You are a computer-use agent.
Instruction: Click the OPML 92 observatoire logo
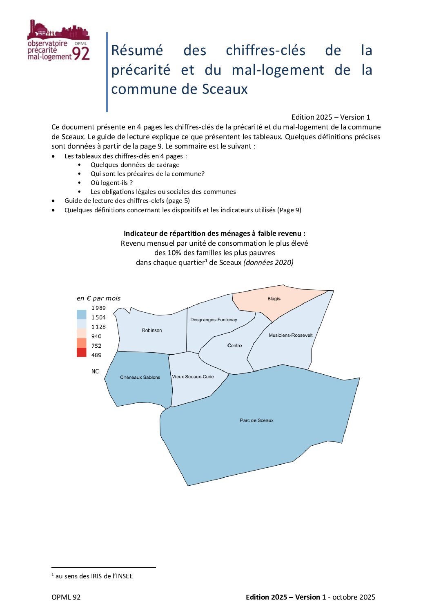click(x=58, y=41)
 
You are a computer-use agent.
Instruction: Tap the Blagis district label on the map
click(x=274, y=299)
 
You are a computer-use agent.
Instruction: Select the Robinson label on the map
click(x=152, y=331)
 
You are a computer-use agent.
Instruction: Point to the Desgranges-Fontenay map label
click(x=214, y=320)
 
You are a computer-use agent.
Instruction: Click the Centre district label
click(x=234, y=346)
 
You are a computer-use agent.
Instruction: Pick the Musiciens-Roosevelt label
click(x=290, y=335)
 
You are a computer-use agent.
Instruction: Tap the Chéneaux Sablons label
click(x=140, y=378)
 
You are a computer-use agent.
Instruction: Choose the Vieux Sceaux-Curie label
click(x=193, y=377)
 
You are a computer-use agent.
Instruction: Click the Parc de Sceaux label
click(x=256, y=420)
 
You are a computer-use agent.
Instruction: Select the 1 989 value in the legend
click(x=98, y=308)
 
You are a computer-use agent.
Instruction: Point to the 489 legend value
click(x=96, y=355)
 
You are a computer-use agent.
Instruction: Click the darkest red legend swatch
click(x=82, y=352)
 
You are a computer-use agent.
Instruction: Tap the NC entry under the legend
click(x=95, y=371)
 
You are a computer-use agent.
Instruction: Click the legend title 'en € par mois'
click(x=98, y=298)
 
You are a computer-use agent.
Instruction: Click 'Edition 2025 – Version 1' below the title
click(x=330, y=117)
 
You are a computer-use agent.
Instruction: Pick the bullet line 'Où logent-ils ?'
click(x=111, y=183)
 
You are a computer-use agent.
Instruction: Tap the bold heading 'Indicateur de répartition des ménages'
click(x=214, y=233)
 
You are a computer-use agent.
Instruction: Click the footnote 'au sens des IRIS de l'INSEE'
click(x=94, y=576)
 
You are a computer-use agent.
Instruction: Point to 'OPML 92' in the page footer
click(x=66, y=597)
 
